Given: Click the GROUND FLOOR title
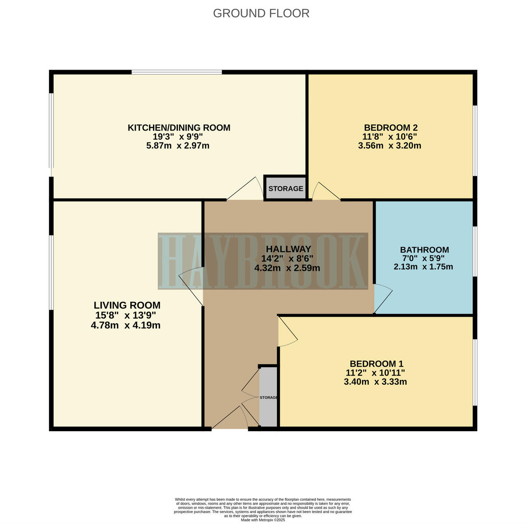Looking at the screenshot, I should tap(261, 13).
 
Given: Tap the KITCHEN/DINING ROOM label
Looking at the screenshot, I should tap(179, 127).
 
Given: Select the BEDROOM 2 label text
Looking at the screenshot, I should tap(391, 127).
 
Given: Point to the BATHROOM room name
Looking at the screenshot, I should tap(424, 250).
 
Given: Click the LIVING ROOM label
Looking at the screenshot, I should tap(127, 305).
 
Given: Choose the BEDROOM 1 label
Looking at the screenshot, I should tap(376, 364).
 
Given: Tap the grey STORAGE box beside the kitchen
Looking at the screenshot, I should tap(285, 188).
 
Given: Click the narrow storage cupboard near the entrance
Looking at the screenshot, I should tap(268, 397).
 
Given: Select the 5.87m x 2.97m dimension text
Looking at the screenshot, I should tap(178, 145).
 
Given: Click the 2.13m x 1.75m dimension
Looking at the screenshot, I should tap(423, 266).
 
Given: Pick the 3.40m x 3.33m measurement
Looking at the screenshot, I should tap(375, 382).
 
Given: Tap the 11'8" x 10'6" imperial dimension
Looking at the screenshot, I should tap(389, 136).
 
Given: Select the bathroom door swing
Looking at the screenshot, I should tap(383, 298).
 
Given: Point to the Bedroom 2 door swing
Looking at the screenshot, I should tap(324, 192).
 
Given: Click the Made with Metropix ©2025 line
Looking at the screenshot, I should tap(263, 520).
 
